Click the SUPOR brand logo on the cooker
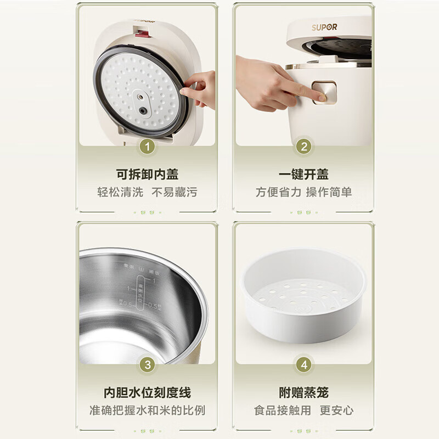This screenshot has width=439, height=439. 325,27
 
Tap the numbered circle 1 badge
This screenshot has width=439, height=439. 147,147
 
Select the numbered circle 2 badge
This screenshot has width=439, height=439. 303,147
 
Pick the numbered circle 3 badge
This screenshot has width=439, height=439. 147,364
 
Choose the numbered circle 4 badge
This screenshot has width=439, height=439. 303,364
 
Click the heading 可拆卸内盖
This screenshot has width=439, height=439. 147,174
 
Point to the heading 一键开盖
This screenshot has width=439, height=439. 303,174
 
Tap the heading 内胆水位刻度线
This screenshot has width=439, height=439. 147,393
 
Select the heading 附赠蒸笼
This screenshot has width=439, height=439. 303,393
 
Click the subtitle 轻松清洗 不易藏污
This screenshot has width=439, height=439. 147,192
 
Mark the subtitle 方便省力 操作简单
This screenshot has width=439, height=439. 303,192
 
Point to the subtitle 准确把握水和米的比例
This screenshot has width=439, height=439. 147,410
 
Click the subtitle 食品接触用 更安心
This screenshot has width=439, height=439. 303,410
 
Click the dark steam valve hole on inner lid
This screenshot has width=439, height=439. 143,110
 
